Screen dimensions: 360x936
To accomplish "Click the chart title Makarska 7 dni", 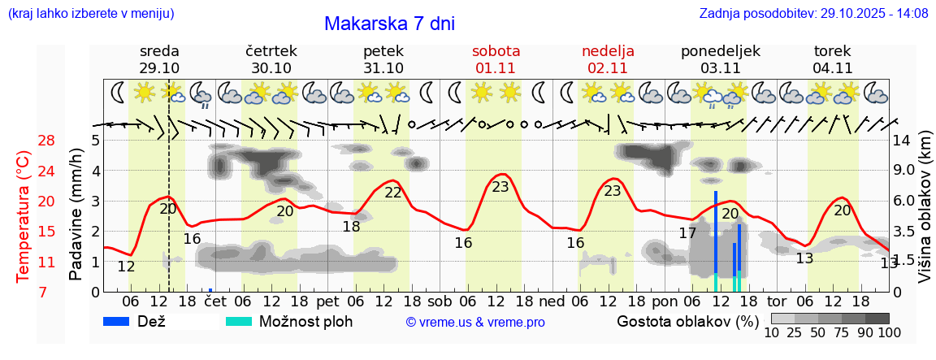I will coord(389,24).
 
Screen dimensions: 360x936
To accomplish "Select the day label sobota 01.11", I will coord(496,59).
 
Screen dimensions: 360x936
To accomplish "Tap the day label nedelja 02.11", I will coord(608,59).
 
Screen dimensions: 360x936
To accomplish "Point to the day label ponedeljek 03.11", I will coord(720,59).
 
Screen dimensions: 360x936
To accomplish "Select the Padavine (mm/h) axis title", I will coord(76,215).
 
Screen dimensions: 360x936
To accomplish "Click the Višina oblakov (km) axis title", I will coord(925,215).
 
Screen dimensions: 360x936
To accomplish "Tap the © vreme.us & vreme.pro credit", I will coord(474,323).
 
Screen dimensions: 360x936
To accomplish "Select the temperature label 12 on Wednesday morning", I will coord(126,267).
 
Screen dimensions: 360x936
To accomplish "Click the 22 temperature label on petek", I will coord(393,193).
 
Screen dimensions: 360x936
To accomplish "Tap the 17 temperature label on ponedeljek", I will coord(687,233).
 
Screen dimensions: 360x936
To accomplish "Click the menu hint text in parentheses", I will coord(90,14).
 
